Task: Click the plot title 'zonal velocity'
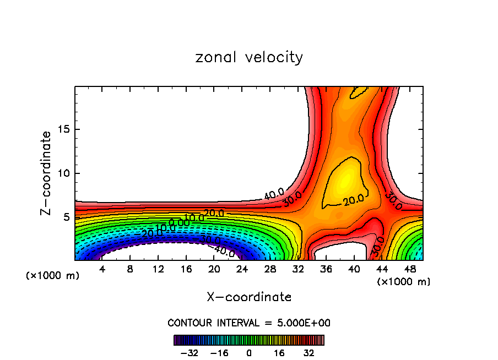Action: tap(249, 57)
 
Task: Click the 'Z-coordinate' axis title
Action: tap(46, 173)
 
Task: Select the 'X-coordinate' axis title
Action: tap(249, 297)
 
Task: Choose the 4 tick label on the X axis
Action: tap(102, 269)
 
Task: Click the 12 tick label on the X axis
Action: tap(158, 269)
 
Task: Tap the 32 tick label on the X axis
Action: tap(297, 269)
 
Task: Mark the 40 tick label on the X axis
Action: tap(353, 269)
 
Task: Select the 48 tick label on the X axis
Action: tap(409, 269)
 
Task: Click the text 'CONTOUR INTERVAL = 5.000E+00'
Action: tap(249, 323)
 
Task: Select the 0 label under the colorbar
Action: tap(249, 352)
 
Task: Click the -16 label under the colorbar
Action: tap(219, 352)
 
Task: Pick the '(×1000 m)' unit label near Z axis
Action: tap(53, 276)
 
